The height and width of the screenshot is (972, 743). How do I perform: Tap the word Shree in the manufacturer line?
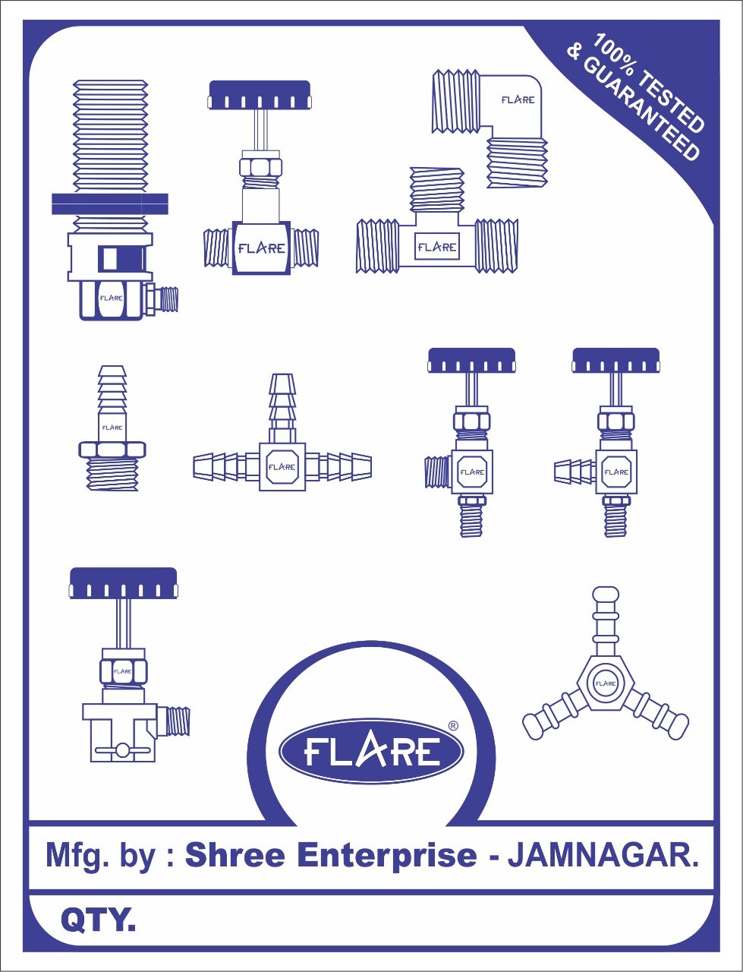click(235, 855)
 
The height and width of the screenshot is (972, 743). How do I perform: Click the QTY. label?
click(98, 920)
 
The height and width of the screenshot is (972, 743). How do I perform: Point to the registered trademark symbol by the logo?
click(453, 726)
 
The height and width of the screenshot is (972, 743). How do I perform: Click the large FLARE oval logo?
click(371, 750)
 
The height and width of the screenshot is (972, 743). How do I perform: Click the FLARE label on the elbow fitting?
click(518, 99)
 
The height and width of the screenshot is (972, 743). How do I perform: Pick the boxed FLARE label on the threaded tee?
click(437, 247)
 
